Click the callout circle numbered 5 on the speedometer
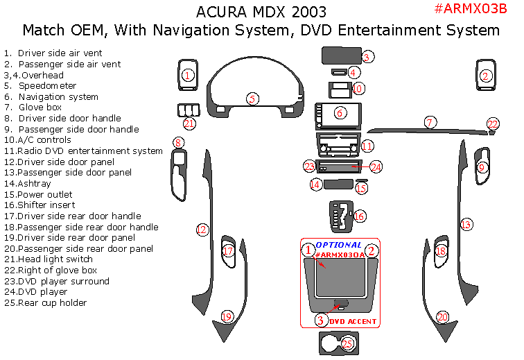pos(254,99)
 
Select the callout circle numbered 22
pos(493,124)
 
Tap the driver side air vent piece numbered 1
pos(186,75)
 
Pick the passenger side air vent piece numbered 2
pos(487,75)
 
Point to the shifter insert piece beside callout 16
pos(339,216)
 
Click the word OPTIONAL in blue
pos(338,245)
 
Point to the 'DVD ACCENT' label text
pos(353,321)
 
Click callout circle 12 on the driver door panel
pos(202,229)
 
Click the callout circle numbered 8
pos(179,144)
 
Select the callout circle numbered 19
pos(226,317)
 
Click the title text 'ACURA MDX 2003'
pos(261,12)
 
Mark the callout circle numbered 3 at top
pos(368,57)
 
